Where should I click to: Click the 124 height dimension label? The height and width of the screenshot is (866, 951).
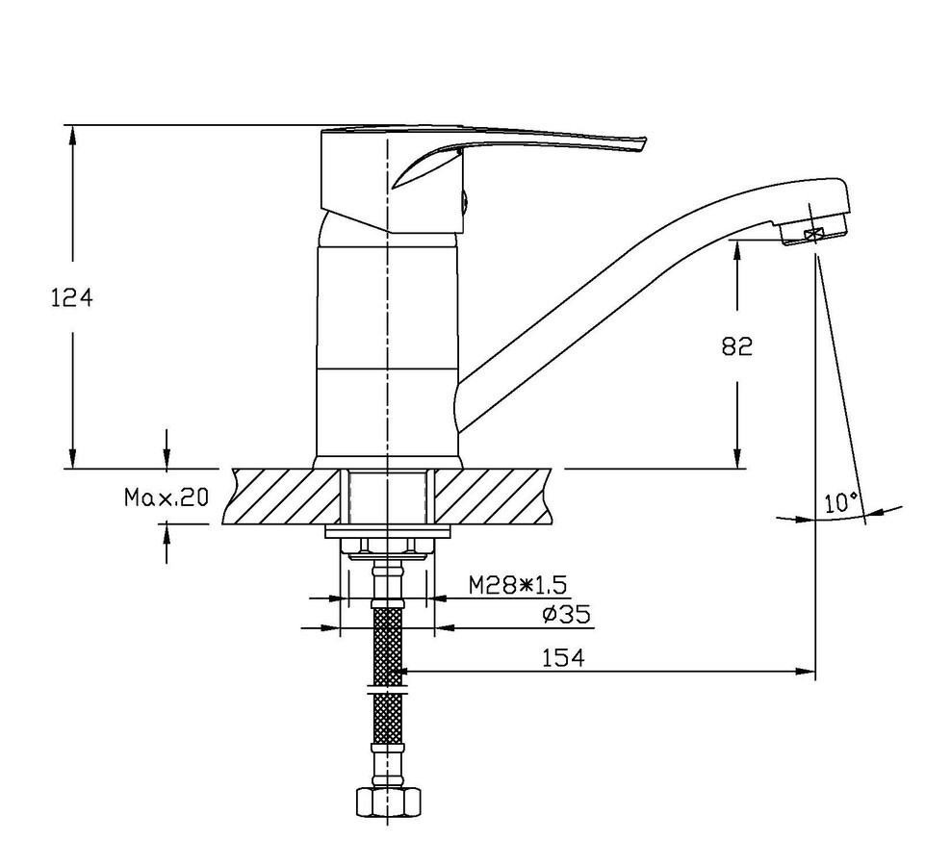[71, 297]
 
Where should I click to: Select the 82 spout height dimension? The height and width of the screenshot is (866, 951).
[737, 346]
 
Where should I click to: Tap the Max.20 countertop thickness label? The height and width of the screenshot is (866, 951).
[167, 497]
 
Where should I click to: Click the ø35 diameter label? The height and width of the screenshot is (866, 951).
[566, 615]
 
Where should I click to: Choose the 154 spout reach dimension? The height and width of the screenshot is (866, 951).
[563, 658]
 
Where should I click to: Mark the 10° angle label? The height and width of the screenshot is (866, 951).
[841, 502]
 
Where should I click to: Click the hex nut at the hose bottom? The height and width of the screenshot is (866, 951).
[388, 802]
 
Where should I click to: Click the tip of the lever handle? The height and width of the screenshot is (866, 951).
[644, 144]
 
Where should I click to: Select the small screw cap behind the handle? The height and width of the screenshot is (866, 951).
[465, 201]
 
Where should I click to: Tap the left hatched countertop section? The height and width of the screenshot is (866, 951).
[283, 497]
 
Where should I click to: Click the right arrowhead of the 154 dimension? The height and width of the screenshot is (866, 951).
[806, 672]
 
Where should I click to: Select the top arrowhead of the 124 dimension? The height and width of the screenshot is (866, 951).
[73, 136]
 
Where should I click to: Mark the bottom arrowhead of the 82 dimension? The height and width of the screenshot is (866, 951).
[737, 458]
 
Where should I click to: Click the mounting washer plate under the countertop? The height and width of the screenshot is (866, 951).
[388, 532]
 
